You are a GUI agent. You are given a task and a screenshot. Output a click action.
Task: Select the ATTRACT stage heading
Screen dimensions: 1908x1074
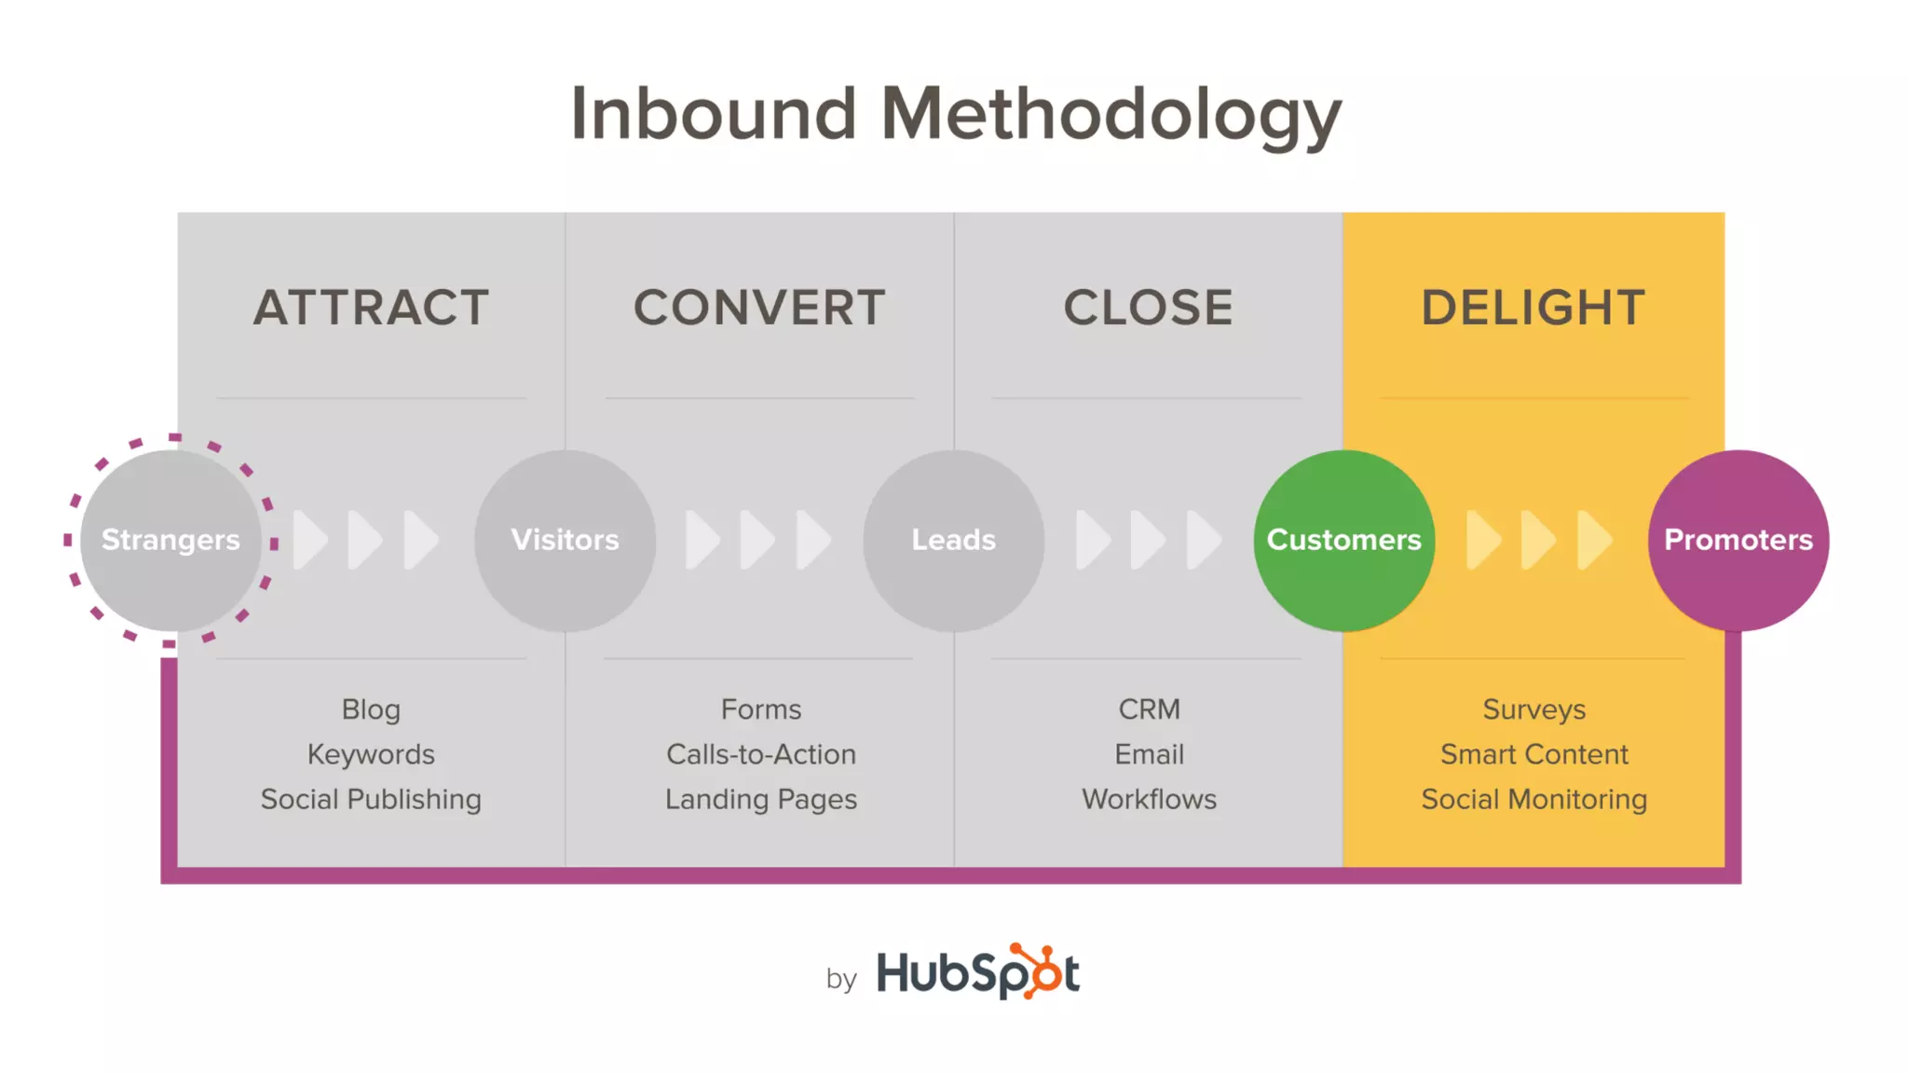(x=371, y=308)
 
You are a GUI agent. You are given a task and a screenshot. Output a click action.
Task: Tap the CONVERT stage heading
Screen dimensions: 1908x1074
(x=759, y=308)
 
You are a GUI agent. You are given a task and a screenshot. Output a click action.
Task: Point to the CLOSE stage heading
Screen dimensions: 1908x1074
(x=1148, y=308)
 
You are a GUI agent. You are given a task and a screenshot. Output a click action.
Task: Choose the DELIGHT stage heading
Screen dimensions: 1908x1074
(x=1533, y=308)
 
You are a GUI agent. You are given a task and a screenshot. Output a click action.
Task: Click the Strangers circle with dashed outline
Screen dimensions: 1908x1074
(x=170, y=540)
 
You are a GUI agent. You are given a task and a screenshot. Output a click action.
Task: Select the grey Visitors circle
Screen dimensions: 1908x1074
(x=565, y=540)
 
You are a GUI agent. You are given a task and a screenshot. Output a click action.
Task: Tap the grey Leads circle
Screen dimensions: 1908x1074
(x=953, y=540)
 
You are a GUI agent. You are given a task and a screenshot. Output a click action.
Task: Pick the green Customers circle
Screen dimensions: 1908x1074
(x=1343, y=540)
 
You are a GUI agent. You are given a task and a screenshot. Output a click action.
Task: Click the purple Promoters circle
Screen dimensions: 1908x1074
(x=1738, y=540)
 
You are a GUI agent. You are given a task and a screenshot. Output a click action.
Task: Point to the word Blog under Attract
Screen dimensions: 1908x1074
(x=371, y=709)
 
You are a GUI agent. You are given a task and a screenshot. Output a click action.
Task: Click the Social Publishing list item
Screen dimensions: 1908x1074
(x=371, y=799)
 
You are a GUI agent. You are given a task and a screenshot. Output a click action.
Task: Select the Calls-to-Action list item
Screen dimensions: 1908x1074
(x=760, y=754)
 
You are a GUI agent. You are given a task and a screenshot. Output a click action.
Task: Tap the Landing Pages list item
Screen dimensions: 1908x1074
(x=760, y=799)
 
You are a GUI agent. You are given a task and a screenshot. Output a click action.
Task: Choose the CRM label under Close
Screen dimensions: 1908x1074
(x=1149, y=709)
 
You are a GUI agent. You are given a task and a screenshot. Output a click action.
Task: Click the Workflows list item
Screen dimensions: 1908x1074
(x=1149, y=799)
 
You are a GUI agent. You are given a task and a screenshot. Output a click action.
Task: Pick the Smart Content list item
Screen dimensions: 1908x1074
(x=1533, y=754)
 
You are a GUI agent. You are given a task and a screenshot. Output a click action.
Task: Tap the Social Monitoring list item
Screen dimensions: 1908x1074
(x=1533, y=799)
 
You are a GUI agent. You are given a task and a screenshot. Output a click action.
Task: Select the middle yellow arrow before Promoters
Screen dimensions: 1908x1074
(x=1538, y=540)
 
